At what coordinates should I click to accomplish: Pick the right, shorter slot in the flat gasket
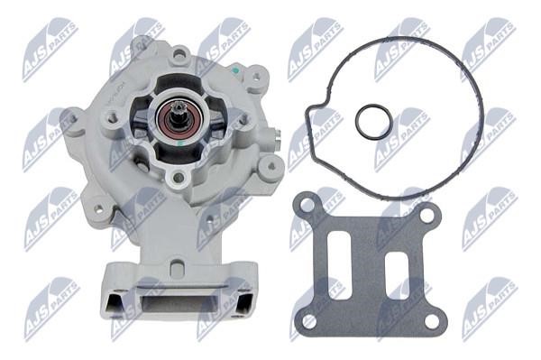click(x=398, y=275)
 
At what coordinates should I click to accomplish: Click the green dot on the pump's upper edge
click(x=235, y=69)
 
